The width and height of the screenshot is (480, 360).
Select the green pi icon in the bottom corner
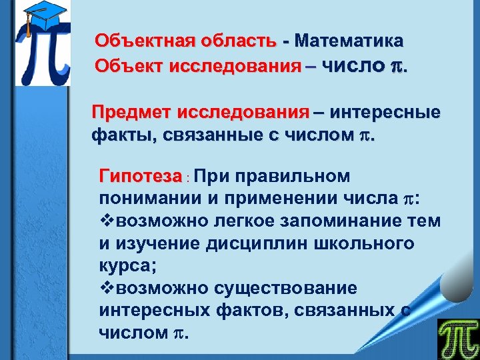[x=458, y=339]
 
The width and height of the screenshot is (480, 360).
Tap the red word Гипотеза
[x=140, y=177]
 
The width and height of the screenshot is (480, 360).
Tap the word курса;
[x=127, y=266]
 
